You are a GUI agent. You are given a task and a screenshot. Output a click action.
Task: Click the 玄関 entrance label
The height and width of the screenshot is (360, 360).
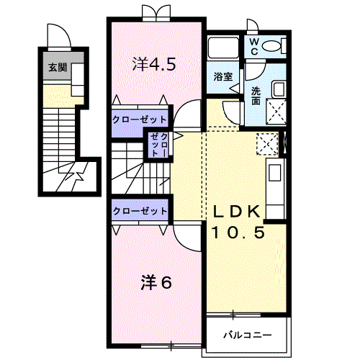tap(58, 68)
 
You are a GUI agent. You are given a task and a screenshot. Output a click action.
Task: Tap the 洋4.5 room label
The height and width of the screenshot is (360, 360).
tap(154, 64)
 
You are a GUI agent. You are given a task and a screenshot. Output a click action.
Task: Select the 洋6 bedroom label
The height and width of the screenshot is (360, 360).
tap(156, 282)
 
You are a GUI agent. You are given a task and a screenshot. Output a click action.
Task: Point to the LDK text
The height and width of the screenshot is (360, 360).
tap(236, 212)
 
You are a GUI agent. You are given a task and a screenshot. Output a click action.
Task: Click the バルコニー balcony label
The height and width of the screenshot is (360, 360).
tap(248, 335)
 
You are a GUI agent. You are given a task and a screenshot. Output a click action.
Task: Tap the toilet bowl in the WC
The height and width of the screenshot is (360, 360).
tap(271, 45)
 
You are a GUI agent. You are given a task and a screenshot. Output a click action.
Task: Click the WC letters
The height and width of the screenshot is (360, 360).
tap(254, 47)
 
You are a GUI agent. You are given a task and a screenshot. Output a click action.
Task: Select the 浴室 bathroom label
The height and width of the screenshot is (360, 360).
tap(223, 76)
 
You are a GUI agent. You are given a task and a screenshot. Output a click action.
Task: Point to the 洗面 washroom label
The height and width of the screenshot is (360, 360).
tap(256, 96)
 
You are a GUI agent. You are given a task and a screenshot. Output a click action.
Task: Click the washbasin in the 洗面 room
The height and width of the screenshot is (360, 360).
tap(279, 89)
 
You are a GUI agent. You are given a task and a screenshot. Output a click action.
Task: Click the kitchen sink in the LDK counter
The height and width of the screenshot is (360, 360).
tap(275, 173)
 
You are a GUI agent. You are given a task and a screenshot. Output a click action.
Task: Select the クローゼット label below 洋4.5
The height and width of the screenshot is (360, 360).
tap(140, 120)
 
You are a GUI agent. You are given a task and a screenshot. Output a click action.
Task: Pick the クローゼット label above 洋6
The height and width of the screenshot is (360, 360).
tap(140, 211)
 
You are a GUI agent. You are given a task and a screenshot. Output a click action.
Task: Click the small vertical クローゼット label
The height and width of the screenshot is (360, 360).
tap(159, 145)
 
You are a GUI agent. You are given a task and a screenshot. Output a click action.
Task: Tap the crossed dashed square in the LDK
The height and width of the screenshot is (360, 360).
tap(267, 144)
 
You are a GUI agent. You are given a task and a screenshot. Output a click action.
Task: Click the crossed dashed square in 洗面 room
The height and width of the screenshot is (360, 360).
tap(276, 112)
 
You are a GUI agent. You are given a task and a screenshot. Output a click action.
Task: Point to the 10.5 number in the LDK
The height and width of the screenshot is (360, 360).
tap(238, 233)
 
